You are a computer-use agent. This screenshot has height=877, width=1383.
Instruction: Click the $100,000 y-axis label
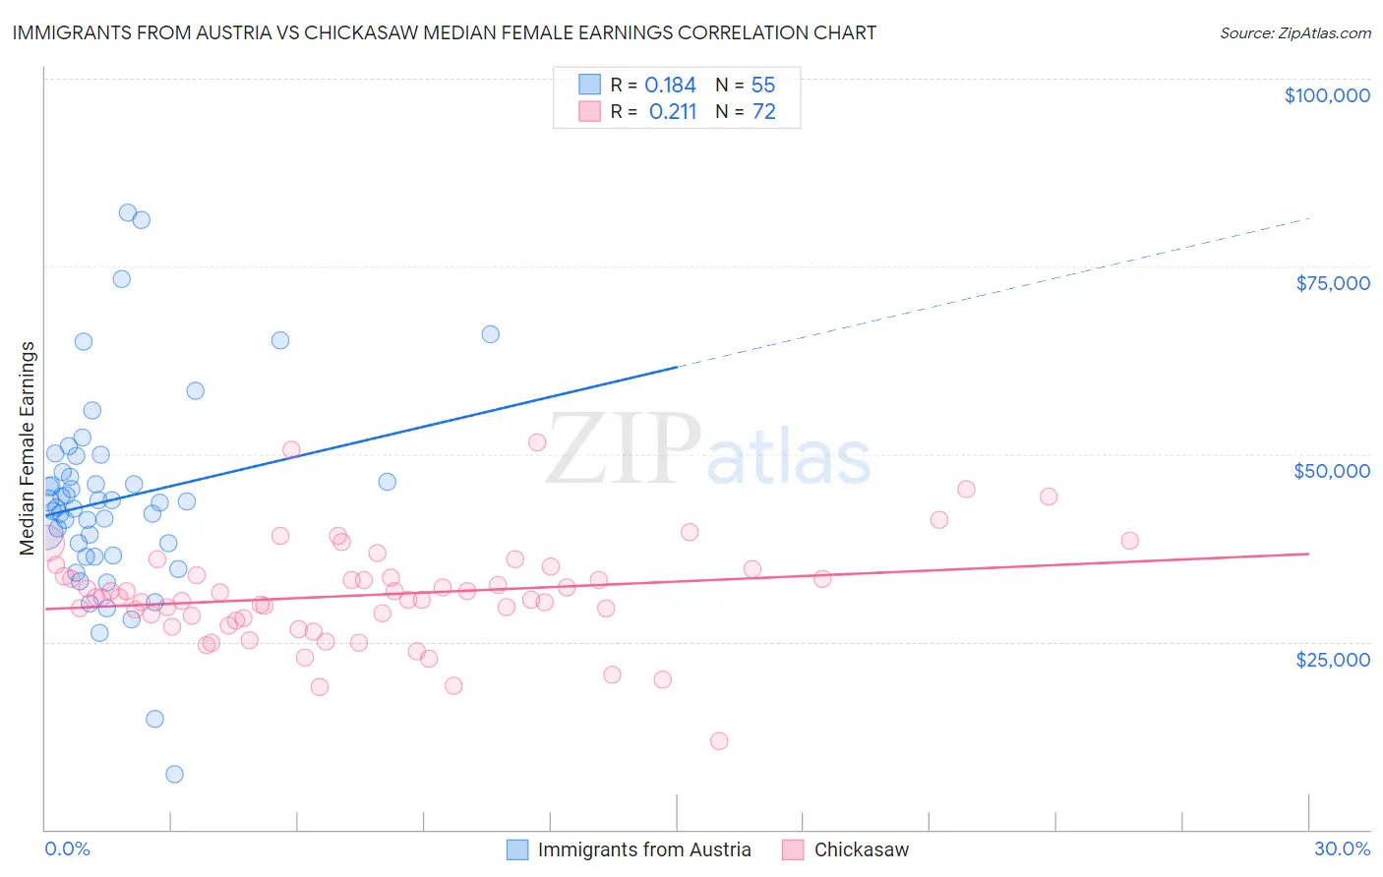point(1327,95)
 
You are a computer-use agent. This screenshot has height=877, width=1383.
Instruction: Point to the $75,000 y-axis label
point(1333,283)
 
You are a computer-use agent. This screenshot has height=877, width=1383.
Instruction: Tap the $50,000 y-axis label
point(1332,471)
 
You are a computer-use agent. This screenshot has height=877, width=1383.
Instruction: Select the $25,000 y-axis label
point(1333,659)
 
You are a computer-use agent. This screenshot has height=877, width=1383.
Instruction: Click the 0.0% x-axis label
point(67,848)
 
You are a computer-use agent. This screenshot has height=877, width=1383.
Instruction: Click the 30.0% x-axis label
point(1342,848)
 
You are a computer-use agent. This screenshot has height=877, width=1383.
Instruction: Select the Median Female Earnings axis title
point(28,448)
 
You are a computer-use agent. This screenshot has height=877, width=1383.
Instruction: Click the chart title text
point(444,32)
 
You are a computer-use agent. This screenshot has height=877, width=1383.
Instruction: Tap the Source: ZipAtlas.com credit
point(1294,32)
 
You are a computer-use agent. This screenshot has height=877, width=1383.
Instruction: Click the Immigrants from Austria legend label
point(644,849)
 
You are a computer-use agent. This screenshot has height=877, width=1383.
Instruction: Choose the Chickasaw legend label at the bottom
point(862,849)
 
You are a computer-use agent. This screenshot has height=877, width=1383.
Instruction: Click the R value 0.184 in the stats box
point(670,85)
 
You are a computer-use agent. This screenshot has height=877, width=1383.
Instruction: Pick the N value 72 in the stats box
point(764,112)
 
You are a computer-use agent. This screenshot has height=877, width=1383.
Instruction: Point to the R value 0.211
point(673,112)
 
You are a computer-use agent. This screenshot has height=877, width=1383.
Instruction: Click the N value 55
point(763,85)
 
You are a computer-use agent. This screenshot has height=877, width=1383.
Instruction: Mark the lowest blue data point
point(174,774)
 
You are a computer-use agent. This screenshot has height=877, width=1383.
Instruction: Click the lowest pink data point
point(719,741)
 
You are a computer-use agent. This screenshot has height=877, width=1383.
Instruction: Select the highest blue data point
point(128,212)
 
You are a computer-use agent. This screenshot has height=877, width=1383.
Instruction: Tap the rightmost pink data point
point(1129,541)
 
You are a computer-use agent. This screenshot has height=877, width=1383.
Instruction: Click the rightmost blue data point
point(490,334)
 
